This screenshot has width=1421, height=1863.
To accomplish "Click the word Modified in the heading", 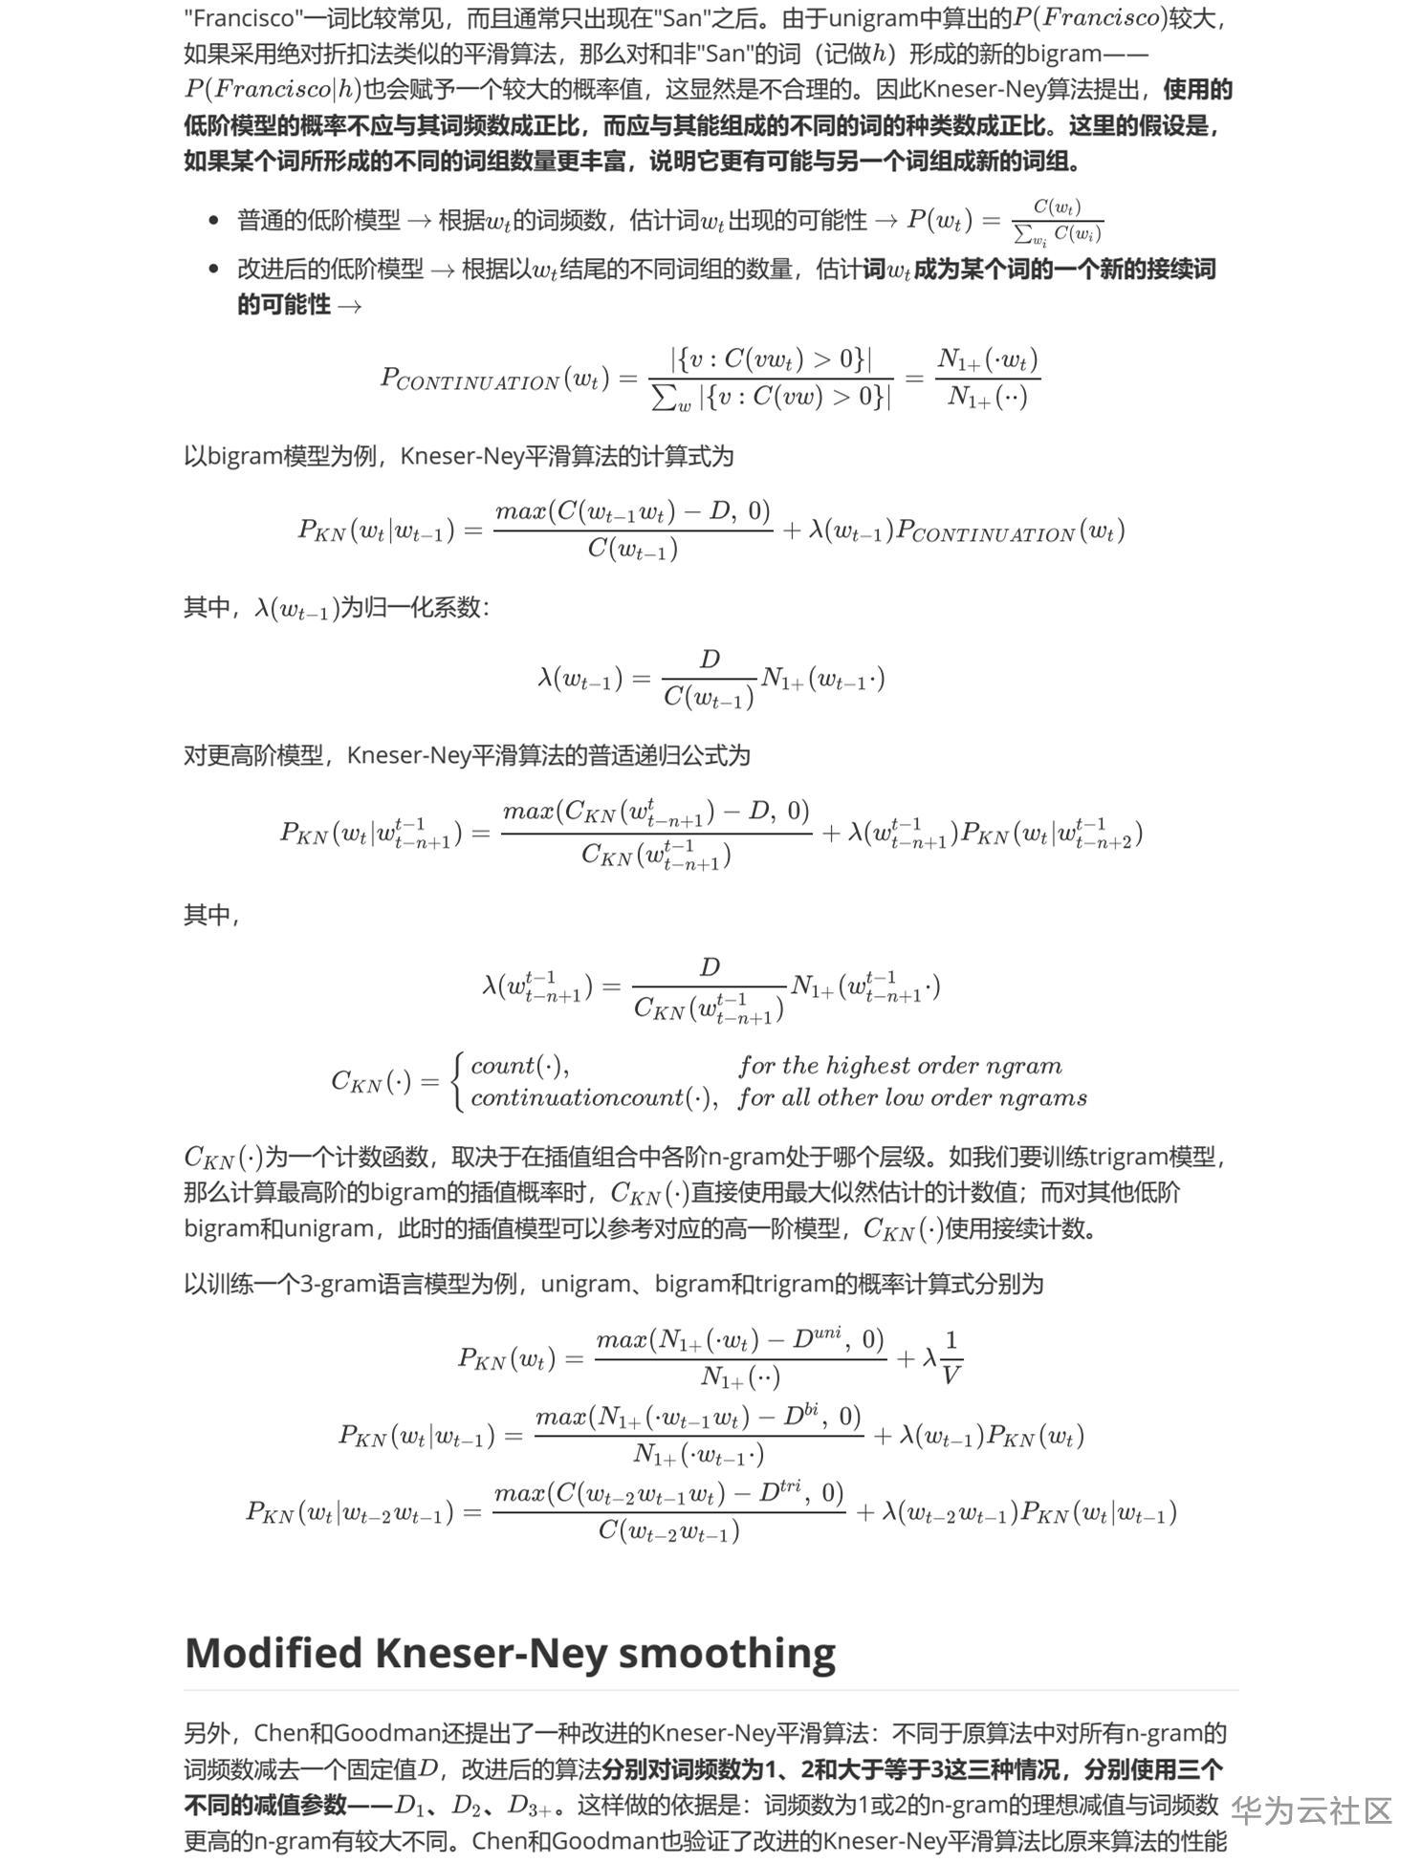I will point(273,1653).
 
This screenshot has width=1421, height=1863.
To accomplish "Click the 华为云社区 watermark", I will point(1310,1809).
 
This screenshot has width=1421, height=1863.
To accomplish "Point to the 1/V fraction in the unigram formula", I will point(951,1357).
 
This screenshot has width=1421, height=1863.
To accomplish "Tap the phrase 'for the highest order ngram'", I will point(899,1065).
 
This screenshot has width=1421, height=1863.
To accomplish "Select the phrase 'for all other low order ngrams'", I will point(911,1097).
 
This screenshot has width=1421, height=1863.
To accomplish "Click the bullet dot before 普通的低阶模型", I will point(214,221).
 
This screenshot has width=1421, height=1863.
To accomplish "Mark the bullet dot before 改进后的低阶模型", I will point(214,270).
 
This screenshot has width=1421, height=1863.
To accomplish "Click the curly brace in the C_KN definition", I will point(460,1081).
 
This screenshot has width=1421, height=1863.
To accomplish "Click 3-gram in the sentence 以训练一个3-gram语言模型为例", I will point(332,1283).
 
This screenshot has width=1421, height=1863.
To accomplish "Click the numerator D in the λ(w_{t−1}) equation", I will point(710,659).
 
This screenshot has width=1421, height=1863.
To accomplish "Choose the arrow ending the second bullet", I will point(349,306).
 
